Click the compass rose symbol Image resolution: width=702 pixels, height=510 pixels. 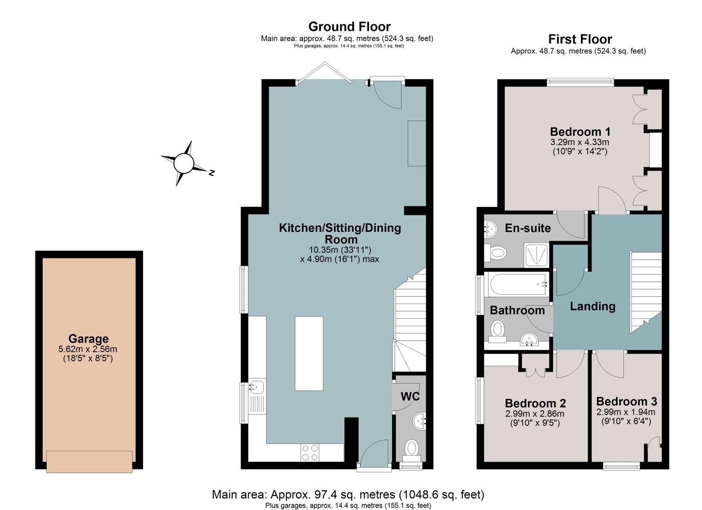click(183, 163)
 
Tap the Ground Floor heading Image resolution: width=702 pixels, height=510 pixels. click(349, 26)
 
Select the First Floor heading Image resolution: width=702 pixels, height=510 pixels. click(580, 39)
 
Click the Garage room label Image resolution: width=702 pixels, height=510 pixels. click(88, 339)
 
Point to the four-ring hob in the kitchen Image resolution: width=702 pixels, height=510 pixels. click(310, 453)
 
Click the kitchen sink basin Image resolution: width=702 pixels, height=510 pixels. click(257, 387)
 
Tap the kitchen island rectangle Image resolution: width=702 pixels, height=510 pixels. click(309, 354)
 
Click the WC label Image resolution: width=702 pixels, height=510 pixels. click(410, 396)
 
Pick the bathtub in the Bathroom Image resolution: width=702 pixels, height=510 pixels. click(518, 285)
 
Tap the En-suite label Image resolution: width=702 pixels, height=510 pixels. click(528, 228)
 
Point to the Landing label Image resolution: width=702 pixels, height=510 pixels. click(593, 306)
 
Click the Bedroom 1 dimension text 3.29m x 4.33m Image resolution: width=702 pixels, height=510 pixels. click(580, 142)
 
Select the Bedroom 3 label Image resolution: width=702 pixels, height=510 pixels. click(626, 401)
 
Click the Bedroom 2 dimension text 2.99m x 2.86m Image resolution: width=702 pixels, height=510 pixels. click(535, 414)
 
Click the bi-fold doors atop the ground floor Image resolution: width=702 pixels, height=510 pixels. click(325, 73)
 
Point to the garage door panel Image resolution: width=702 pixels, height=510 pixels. click(89, 461)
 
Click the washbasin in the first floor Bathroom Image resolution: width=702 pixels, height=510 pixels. click(529, 339)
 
